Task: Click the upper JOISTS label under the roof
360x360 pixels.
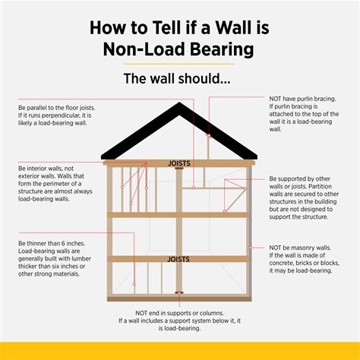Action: pyautogui.click(x=180, y=162)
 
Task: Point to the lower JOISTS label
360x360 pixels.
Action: pyautogui.click(x=180, y=259)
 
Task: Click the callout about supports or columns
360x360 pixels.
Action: pyautogui.click(x=180, y=321)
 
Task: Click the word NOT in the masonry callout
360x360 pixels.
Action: pyautogui.click(x=278, y=248)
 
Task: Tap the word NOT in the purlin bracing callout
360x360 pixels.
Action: pyautogui.click(x=278, y=98)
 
